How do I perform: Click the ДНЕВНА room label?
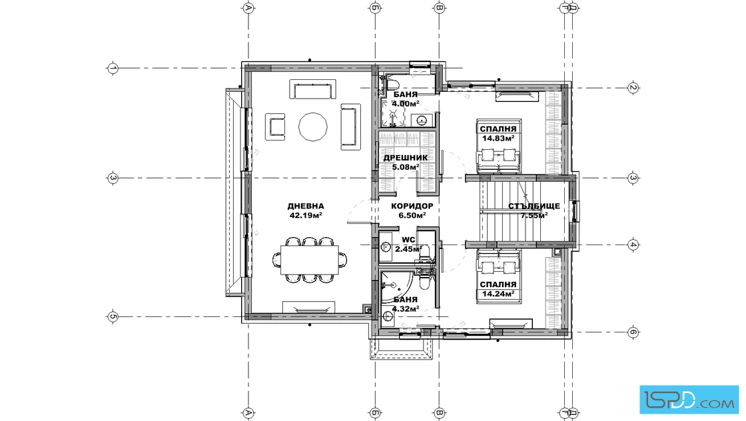306,206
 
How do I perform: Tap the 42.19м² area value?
306,215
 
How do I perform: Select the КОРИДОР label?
412,206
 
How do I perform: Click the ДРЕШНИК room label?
406,157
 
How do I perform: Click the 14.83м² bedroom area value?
498,139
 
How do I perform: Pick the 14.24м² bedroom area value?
498,294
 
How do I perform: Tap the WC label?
408,240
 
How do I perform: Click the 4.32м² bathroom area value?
406,308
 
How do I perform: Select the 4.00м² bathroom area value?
406,103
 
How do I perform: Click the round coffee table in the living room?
313,127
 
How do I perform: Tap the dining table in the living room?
309,260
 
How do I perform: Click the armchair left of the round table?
275,127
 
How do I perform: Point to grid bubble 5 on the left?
113,316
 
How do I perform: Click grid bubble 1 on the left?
113,68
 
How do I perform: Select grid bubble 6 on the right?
633,332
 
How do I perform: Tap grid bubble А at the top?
247,7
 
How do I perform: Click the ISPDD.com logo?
689,400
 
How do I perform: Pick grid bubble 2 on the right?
633,87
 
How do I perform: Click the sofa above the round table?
313,89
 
